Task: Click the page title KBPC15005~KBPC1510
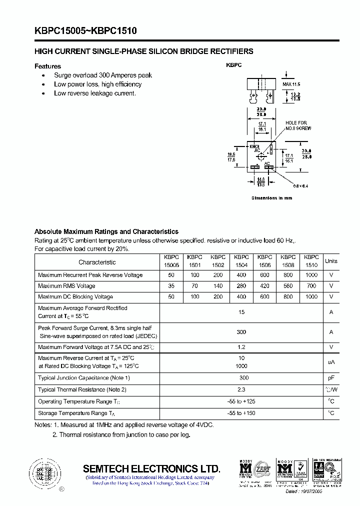(x=85, y=31)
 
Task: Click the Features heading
(x=47, y=66)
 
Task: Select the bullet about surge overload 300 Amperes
(x=102, y=75)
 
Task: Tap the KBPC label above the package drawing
(x=233, y=65)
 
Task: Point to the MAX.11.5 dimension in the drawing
(x=294, y=84)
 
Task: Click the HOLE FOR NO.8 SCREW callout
(x=297, y=125)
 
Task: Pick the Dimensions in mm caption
(x=271, y=198)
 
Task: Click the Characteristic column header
(x=97, y=262)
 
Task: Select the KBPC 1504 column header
(x=241, y=261)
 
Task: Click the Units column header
(x=331, y=261)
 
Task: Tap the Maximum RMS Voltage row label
(x=66, y=286)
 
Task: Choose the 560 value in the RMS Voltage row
(x=287, y=286)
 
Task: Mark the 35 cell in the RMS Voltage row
(x=171, y=286)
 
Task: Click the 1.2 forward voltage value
(x=241, y=347)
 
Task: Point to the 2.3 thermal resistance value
(x=241, y=389)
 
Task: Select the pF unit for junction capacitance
(x=331, y=378)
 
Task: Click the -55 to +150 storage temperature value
(x=241, y=413)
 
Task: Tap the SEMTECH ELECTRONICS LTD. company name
(x=151, y=468)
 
